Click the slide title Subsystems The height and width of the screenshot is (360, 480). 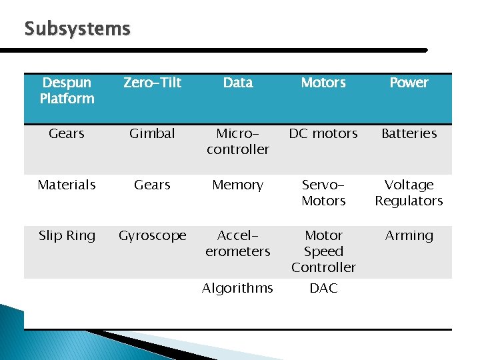[77, 29]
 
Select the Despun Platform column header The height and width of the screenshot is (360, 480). [67, 91]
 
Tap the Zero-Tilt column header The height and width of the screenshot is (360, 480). [153, 83]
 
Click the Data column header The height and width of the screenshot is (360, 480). [238, 83]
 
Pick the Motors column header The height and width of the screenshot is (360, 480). [323, 83]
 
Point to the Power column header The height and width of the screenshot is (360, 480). [409, 83]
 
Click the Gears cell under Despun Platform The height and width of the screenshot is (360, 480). [67, 133]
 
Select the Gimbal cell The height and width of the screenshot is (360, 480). [153, 133]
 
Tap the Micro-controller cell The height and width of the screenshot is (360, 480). [238, 141]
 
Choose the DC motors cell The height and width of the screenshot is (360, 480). [323, 133]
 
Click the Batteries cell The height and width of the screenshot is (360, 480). [409, 133]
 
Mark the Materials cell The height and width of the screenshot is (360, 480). [67, 185]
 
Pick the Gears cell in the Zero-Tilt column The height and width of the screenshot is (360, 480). [153, 185]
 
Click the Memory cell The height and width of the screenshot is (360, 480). [238, 185]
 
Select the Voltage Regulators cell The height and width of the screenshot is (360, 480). [409, 193]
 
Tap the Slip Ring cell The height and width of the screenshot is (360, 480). [67, 235]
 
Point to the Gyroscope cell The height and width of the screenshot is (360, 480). [153, 235]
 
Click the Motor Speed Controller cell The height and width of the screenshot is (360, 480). [323, 251]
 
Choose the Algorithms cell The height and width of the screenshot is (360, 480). [238, 288]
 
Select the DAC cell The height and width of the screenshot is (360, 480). [323, 288]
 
